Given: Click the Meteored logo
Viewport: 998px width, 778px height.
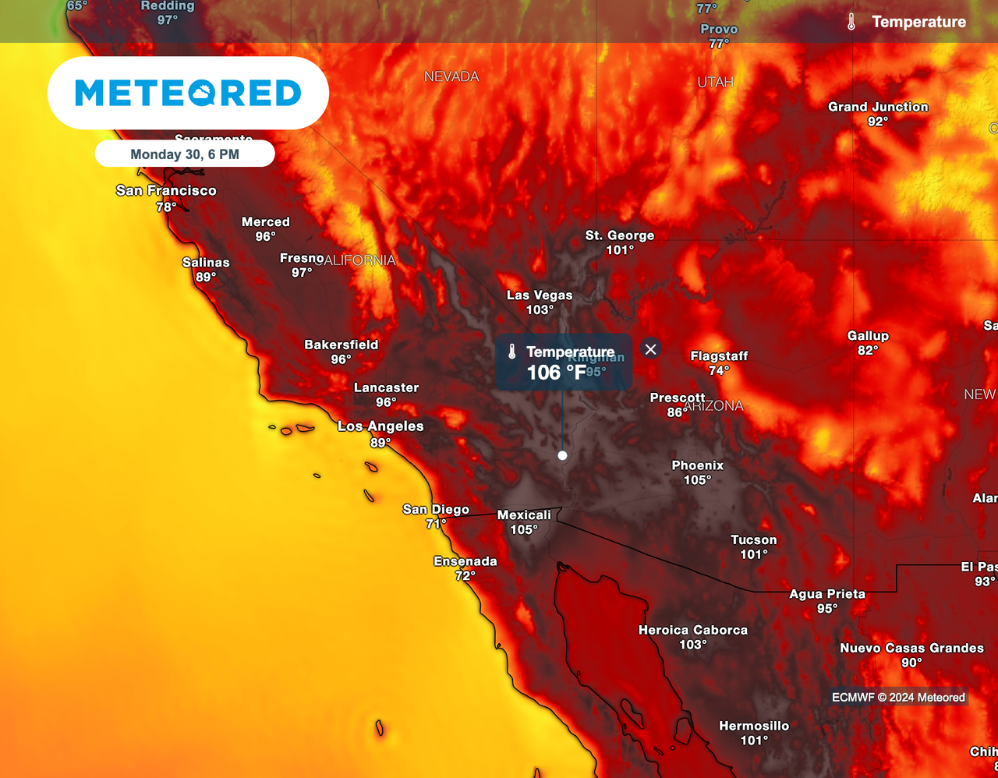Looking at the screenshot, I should click(188, 93).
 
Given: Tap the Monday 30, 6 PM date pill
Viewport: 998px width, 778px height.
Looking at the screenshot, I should click(185, 154).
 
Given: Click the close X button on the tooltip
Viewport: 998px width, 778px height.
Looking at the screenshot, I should click(651, 349).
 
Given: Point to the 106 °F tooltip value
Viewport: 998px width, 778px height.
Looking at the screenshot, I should click(556, 373).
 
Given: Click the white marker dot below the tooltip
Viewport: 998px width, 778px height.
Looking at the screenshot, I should click(562, 455).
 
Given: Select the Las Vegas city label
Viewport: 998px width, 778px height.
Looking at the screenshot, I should click(540, 295).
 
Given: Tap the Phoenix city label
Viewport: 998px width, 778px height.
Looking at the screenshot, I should click(698, 465).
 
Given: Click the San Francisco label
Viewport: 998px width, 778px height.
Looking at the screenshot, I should click(166, 190).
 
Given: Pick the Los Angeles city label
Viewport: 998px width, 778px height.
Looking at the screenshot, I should click(380, 426).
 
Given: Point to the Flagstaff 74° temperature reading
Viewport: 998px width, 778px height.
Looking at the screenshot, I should click(719, 370).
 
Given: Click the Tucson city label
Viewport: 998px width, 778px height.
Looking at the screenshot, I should click(754, 539).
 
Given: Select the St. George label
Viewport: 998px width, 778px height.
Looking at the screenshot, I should click(620, 235).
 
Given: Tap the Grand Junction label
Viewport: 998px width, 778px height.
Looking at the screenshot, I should click(878, 107).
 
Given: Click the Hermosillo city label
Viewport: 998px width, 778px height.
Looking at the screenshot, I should click(754, 726).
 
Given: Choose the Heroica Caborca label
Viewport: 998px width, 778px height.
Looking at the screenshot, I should click(693, 630).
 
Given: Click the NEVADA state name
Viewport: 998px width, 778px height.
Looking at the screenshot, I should click(451, 76).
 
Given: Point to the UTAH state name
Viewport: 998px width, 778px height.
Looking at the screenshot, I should click(715, 82).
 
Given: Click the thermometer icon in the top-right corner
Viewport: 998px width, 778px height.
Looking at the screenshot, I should click(851, 22).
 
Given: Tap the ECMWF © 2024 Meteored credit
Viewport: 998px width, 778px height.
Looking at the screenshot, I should click(898, 698).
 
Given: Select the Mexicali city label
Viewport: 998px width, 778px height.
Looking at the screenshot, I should click(524, 515).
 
